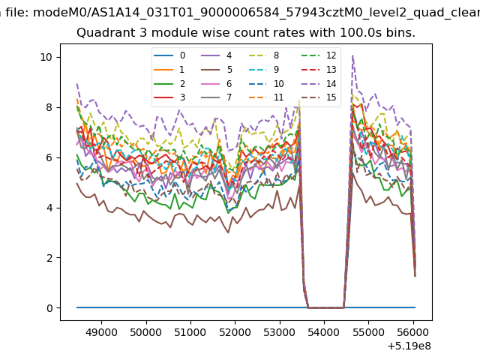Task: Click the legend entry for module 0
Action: pos(169,55)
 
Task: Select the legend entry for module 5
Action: pos(217,70)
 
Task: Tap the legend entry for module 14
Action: pos(319,84)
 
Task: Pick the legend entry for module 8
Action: pos(264,55)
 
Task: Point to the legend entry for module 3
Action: pos(169,97)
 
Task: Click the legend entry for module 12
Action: pos(319,55)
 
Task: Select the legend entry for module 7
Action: pos(217,97)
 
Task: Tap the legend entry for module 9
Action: pos(264,70)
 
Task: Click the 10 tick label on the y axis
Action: pos(46,57)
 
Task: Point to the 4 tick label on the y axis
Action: pos(49,208)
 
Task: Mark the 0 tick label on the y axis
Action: pos(49,308)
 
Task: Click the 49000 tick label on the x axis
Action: pos(101,332)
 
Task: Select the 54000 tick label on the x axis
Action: pos(324,332)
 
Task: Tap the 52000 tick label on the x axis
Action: pos(235,332)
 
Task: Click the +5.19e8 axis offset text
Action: pos(409,346)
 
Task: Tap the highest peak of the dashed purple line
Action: pos(353,55)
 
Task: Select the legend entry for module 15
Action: pos(319,97)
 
